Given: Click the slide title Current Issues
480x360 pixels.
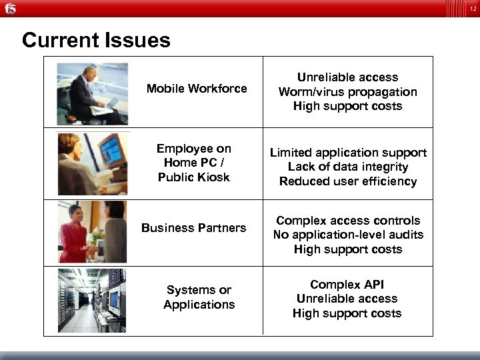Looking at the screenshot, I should coord(96,41).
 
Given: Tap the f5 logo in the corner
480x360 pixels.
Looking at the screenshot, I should coord(9,8).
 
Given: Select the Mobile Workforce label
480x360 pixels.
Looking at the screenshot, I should coord(197,89).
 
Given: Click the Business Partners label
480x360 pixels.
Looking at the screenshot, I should coord(194,228).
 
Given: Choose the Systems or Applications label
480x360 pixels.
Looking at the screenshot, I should coord(199,297).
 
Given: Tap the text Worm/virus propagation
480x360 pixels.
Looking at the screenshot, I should coord(347,92).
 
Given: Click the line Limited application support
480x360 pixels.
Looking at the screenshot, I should coord(348,153).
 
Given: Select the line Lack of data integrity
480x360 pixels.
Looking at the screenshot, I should coord(348,167).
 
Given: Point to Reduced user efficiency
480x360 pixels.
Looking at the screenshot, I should coord(348,181).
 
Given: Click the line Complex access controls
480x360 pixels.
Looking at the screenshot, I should coord(348,221).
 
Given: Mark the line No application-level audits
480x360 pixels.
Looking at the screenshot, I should coord(348,235).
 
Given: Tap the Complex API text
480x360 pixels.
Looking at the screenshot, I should coord(347,285).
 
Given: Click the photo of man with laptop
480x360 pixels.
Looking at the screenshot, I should coord(92,93).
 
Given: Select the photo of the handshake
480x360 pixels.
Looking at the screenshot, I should coord(92,233).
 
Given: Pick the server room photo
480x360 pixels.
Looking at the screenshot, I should coord(91,300).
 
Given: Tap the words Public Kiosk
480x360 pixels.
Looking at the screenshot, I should coord(194,177).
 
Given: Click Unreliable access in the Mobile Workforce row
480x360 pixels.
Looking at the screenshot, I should coord(347,77).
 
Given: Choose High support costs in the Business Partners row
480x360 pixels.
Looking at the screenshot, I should coord(348,249).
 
